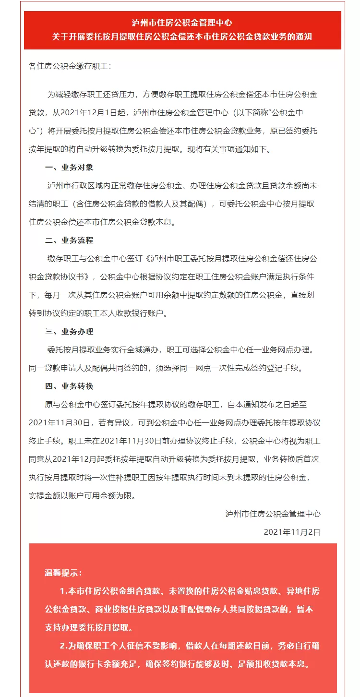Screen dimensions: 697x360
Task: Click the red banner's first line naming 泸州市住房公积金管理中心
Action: (182, 23)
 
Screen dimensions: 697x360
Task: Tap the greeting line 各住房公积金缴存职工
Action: (70, 66)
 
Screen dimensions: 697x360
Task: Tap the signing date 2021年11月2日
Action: (292, 532)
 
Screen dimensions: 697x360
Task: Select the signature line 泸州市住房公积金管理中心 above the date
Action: (273, 514)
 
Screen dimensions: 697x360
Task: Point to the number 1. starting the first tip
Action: (64, 591)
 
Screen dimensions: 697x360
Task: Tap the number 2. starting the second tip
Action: (64, 646)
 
